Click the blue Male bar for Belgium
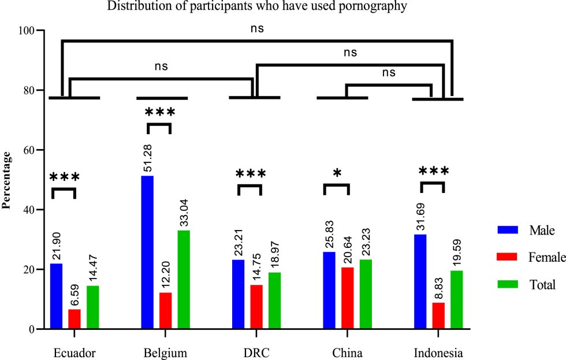pyautogui.click(x=147, y=253)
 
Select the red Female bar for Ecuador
pyautogui.click(x=75, y=319)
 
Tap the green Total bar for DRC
pyautogui.click(x=274, y=300)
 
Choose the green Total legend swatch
pyautogui.click(x=506, y=284)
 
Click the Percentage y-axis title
pyautogui.click(x=8, y=180)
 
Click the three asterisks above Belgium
pyautogui.click(x=159, y=112)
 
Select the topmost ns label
pyautogui.click(x=256, y=28)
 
